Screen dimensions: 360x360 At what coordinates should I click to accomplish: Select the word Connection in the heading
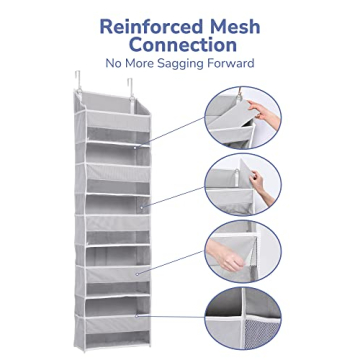(x=179, y=46)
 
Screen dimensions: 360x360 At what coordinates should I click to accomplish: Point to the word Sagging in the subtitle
(x=193, y=65)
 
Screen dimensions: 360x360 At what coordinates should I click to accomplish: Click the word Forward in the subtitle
(x=237, y=65)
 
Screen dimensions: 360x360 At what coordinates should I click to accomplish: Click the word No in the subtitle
(x=125, y=65)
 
